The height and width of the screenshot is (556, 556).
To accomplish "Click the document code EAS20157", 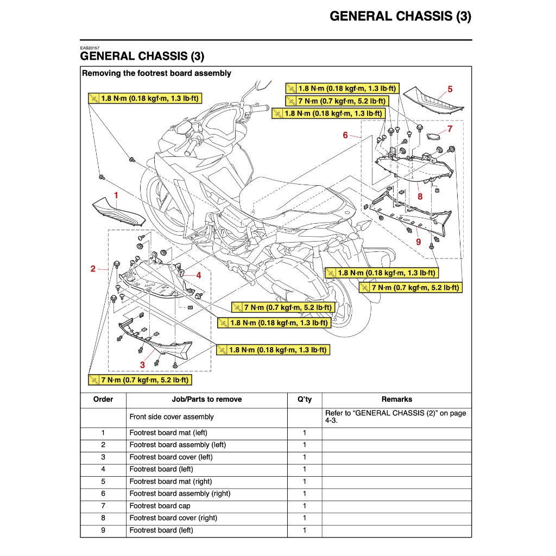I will pyautogui.click(x=90, y=48).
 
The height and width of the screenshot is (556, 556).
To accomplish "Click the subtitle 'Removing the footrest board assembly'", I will pyautogui.click(x=156, y=73).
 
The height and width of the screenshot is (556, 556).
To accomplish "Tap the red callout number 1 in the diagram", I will pyautogui.click(x=116, y=194).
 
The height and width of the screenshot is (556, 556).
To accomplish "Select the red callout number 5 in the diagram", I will pyautogui.click(x=450, y=89).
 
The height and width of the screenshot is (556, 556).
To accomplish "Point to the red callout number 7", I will pyautogui.click(x=450, y=129).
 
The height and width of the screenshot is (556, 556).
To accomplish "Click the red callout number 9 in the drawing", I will pyautogui.click(x=418, y=242).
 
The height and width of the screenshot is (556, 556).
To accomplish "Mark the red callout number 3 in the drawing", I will pyautogui.click(x=142, y=365).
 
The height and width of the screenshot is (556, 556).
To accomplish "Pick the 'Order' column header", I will pyautogui.click(x=103, y=399).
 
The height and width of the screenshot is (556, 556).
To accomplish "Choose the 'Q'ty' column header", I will pyautogui.click(x=305, y=399).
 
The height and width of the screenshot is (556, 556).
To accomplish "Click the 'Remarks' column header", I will pyautogui.click(x=396, y=399).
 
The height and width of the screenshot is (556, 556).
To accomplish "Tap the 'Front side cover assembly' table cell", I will pyautogui.click(x=172, y=417).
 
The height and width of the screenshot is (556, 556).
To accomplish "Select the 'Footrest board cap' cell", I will pyautogui.click(x=160, y=506).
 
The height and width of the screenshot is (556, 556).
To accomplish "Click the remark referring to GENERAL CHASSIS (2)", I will pyautogui.click(x=395, y=416).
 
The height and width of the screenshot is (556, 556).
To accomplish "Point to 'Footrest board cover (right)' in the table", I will pyautogui.click(x=173, y=518).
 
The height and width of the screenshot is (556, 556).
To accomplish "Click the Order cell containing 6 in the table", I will pyautogui.click(x=103, y=494).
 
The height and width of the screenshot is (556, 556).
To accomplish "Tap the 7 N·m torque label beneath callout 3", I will pyautogui.click(x=142, y=380).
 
